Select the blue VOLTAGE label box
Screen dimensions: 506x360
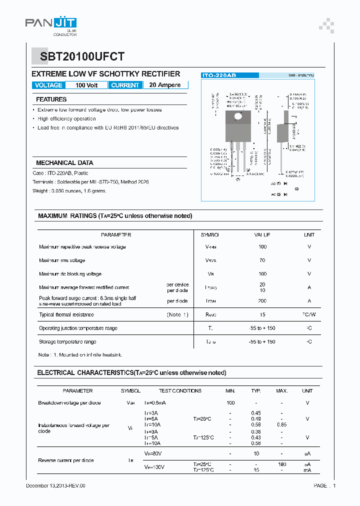[48, 85]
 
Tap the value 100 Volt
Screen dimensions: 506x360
[86, 85]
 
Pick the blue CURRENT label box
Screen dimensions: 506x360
[125, 85]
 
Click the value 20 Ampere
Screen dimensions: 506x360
[165, 85]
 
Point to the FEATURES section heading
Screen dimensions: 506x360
[51, 99]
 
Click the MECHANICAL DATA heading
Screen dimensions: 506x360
[64, 163]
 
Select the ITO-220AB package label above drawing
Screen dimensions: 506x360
[218, 75]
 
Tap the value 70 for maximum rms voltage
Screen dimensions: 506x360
[262, 260]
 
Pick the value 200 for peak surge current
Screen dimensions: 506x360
[262, 301]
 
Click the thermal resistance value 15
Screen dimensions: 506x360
[262, 315]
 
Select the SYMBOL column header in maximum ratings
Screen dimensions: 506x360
[210, 234]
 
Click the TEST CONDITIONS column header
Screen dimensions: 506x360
[180, 391]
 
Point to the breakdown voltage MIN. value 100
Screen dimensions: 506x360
[230, 403]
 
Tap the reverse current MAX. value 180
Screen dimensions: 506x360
[282, 464]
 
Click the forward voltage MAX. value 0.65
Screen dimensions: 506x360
[282, 424]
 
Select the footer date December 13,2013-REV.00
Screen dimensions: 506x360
[55, 486]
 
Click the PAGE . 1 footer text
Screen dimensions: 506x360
[324, 486]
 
